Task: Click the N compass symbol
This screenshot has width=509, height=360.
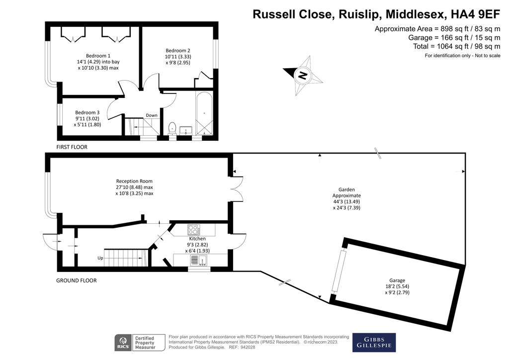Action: pos(303,76)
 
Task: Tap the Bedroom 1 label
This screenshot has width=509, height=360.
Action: pos(98,56)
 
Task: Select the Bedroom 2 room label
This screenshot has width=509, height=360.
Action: pos(178,51)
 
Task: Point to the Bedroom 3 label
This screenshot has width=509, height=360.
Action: pos(87,113)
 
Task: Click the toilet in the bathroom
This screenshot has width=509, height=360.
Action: pos(172,128)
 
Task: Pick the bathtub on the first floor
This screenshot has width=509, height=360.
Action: pos(204,113)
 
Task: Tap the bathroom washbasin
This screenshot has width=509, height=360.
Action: pos(186,130)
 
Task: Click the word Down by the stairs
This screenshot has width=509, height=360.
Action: pos(152,115)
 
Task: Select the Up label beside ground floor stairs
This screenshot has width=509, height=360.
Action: pos(100,258)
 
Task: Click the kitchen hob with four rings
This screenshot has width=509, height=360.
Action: pos(194,230)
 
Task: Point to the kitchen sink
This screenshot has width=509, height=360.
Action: pos(199,261)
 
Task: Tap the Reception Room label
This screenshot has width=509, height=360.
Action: pos(134,181)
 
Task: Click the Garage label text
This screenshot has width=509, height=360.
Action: pos(397,280)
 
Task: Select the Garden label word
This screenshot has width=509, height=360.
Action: pos(346,189)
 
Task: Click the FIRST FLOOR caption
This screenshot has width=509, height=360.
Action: pos(72,147)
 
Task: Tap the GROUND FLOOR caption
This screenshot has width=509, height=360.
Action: pos(77,280)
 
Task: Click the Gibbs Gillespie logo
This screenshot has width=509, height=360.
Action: pos(374,343)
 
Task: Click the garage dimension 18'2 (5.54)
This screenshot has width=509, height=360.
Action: pos(397,286)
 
